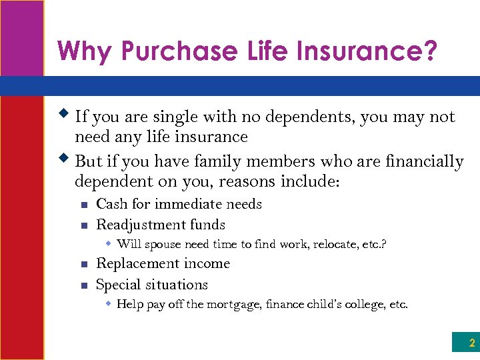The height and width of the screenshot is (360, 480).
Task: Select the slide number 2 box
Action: pyautogui.click(x=465, y=343)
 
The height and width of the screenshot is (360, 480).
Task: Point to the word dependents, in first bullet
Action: pyautogui.click(x=311, y=117)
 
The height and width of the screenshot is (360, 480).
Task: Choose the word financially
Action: pyautogui.click(x=423, y=161)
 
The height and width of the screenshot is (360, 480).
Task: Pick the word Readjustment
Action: pyautogui.click(x=141, y=225)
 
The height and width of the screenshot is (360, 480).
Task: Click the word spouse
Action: pyautogui.click(x=163, y=245)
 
